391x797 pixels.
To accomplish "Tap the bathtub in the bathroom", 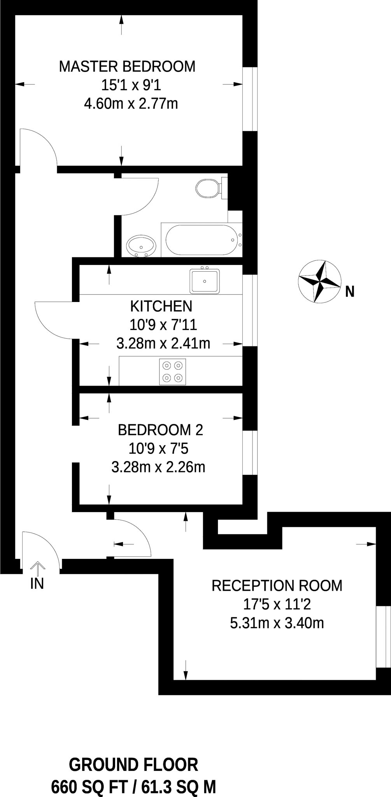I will [x=201, y=240].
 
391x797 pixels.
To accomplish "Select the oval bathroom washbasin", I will [x=141, y=246].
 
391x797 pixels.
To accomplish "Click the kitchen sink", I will [x=205, y=281].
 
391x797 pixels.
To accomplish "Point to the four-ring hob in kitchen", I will [x=172, y=372].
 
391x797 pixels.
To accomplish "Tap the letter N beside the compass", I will [x=350, y=291].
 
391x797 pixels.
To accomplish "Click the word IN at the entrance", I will [x=37, y=584].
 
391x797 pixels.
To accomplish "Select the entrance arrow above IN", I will [x=37, y=568].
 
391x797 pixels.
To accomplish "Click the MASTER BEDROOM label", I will [x=127, y=67].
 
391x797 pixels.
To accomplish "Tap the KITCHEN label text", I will [x=161, y=306].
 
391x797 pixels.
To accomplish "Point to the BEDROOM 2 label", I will [x=160, y=430].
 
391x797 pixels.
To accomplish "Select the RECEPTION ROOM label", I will [x=277, y=586].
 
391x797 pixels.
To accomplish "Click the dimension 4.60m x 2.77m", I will [x=131, y=104].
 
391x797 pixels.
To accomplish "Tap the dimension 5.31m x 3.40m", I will [x=277, y=623].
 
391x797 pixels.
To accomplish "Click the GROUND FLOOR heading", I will [x=133, y=765].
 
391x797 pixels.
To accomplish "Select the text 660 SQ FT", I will [x=89, y=787].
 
